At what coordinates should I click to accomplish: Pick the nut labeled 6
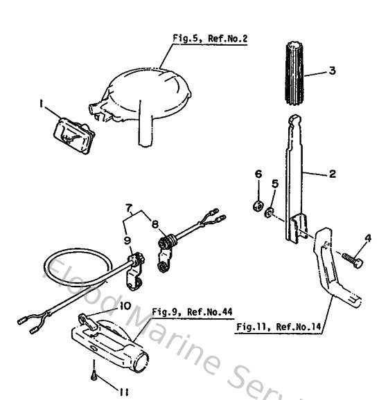tap(257, 205)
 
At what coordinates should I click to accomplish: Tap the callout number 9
tap(127, 240)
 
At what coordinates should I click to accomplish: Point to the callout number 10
tap(125, 304)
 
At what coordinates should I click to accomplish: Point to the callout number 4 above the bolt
tap(367, 239)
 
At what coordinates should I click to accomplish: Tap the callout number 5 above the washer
tap(275, 183)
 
